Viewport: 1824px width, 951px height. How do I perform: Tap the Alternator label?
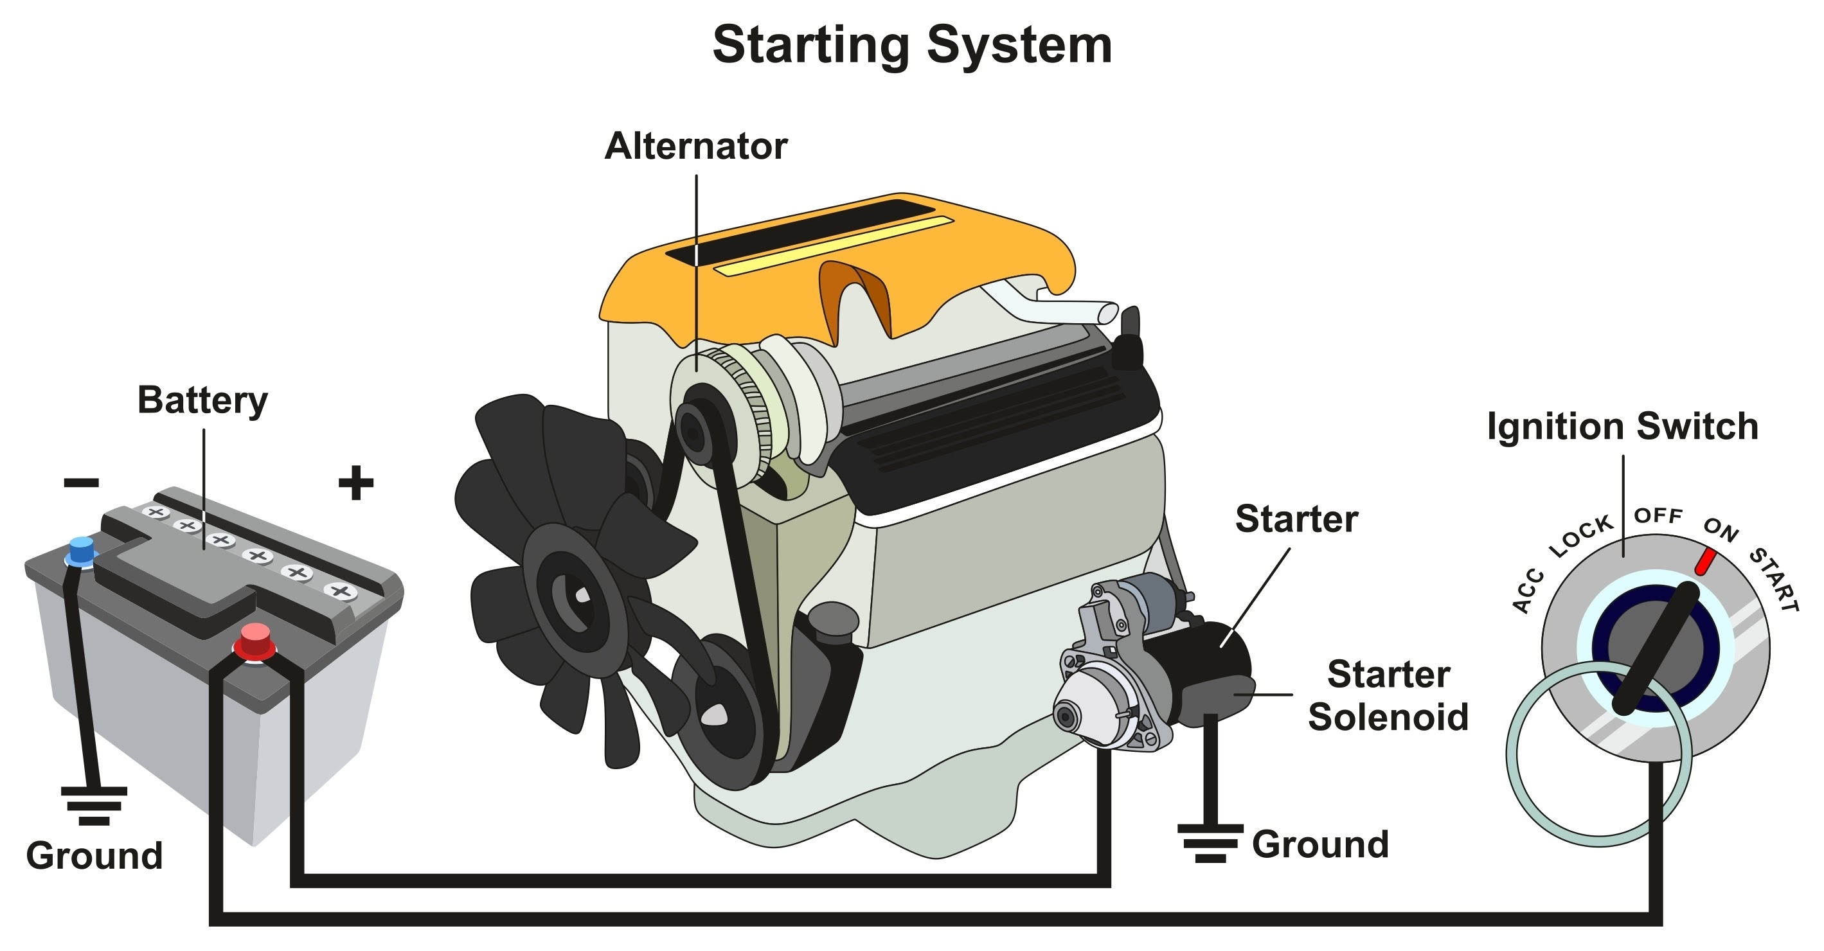pyautogui.click(x=695, y=147)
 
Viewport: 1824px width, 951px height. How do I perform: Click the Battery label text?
pyautogui.click(x=202, y=401)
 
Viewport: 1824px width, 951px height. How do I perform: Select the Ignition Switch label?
pyautogui.click(x=1622, y=427)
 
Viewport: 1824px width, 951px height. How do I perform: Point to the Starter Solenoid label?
pyautogui.click(x=1388, y=695)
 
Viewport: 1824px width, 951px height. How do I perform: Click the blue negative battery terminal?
pyautogui.click(x=82, y=551)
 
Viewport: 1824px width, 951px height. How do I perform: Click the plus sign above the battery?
pyautogui.click(x=355, y=483)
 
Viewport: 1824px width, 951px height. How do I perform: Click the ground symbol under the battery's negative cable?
pyautogui.click(x=94, y=806)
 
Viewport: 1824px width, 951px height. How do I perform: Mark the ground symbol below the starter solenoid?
pyautogui.click(x=1210, y=842)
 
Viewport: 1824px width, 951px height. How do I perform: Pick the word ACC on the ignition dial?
pyautogui.click(x=1528, y=590)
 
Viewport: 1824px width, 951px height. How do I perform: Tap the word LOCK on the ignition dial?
pyautogui.click(x=1580, y=536)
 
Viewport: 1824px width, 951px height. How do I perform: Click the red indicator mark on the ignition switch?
pyautogui.click(x=1705, y=562)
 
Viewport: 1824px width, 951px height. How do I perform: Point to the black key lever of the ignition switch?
pyautogui.click(x=1656, y=648)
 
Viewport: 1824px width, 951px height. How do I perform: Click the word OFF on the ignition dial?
pyautogui.click(x=1658, y=515)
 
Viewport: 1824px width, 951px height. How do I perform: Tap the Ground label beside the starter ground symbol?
pyautogui.click(x=1320, y=845)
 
